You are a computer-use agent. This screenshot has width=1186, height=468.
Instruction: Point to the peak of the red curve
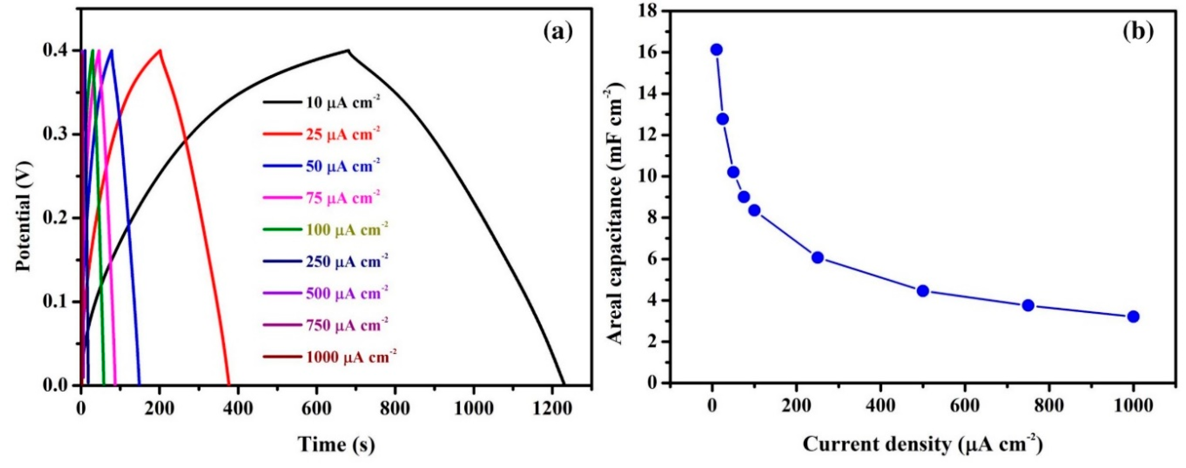[x=160, y=50]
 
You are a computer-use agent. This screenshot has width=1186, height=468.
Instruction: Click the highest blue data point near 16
[x=717, y=50]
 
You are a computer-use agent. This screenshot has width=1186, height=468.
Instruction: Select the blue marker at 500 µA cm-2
[x=923, y=291]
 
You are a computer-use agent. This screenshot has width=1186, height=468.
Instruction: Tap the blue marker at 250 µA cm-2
[x=818, y=258]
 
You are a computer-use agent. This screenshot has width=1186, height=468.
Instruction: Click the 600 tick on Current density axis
[x=965, y=406]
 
